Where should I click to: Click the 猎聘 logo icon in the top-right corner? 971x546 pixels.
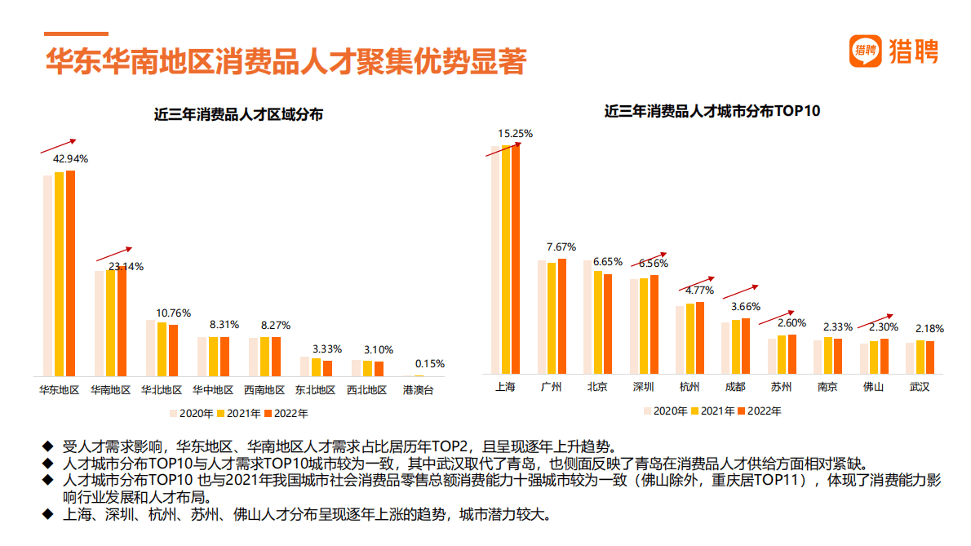[866, 51]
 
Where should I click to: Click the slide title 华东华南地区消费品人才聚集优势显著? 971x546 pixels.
[286, 62]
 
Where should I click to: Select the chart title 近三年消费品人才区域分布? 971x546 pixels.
[238, 115]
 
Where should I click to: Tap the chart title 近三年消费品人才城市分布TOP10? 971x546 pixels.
[712, 111]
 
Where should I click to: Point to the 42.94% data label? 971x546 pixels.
[70, 158]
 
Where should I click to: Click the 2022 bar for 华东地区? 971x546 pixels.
[70, 273]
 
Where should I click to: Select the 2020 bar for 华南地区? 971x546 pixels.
[100, 323]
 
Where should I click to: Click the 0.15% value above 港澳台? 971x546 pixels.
[430, 364]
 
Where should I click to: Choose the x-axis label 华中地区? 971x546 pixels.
[213, 390]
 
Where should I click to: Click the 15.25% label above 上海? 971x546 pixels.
[516, 133]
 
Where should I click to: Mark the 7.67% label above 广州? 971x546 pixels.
[561, 246]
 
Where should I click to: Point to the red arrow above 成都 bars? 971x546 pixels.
[741, 291]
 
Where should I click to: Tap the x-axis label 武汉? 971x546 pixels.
[920, 387]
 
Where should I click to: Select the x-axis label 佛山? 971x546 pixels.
[873, 387]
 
